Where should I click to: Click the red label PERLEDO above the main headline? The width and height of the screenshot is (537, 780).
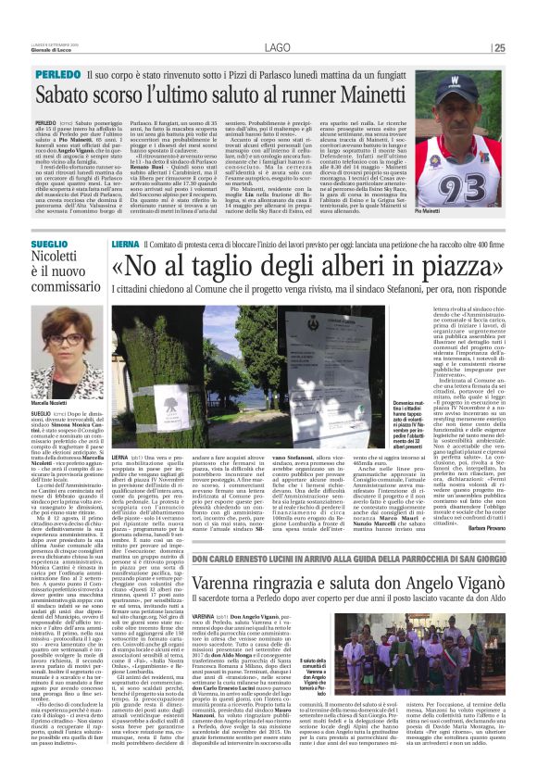[58, 72]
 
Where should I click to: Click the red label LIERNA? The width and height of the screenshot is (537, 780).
[125, 243]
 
